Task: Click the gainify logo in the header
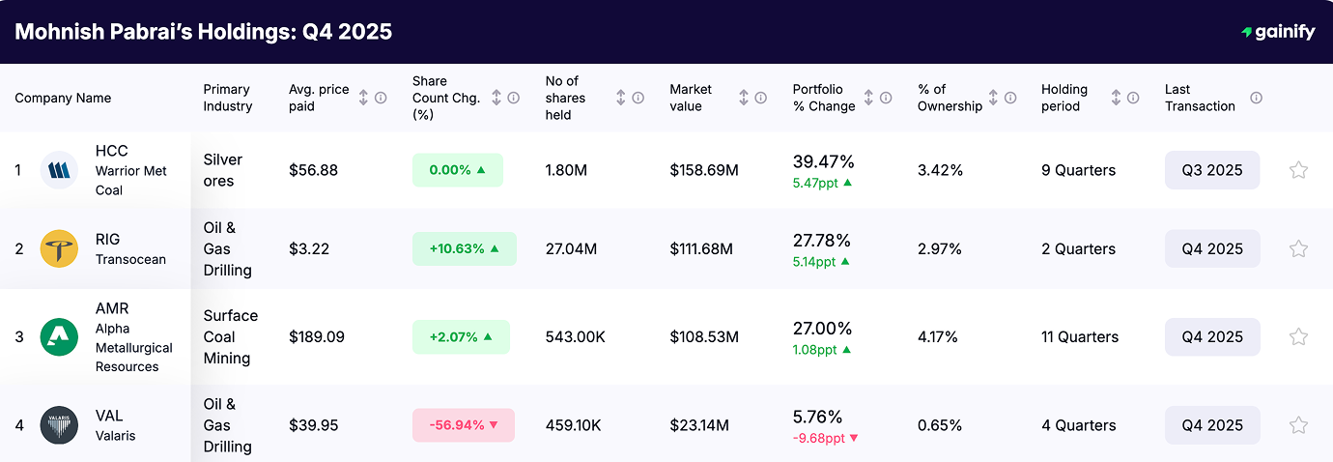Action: [1278, 32]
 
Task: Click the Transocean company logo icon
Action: [59, 249]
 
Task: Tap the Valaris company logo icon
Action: [59, 425]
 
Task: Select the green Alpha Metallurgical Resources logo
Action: [59, 337]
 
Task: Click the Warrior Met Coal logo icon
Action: [59, 170]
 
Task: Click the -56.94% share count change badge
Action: [464, 425]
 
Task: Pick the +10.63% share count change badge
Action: [464, 248]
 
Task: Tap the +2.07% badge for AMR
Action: [461, 337]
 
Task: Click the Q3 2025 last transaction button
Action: [1211, 170]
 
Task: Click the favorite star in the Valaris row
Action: [1298, 425]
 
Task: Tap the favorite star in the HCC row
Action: [1298, 170]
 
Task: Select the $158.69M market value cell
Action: [703, 170]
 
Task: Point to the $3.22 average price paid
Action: [309, 249]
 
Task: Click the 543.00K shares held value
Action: [576, 337]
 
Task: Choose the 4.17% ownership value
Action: [938, 337]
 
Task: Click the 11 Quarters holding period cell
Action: [1080, 337]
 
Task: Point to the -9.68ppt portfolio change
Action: [819, 439]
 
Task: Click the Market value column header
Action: [691, 98]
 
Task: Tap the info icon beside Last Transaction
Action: [1256, 98]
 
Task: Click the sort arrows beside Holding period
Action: [1116, 98]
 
